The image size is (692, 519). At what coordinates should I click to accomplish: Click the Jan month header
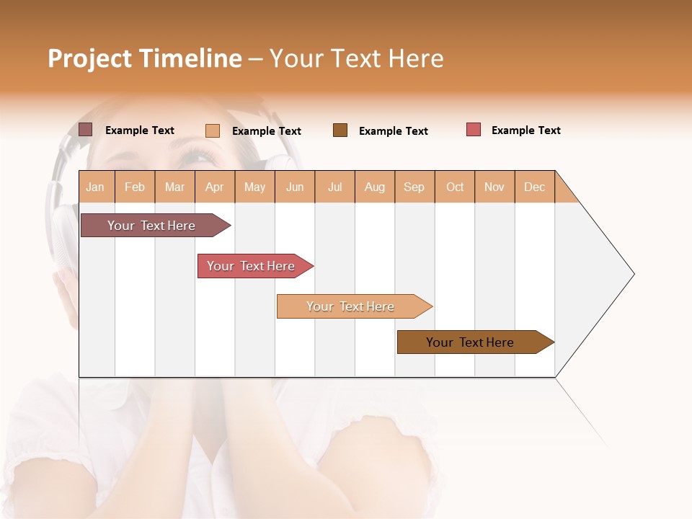click(x=96, y=187)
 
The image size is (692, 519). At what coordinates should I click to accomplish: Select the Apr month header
click(x=215, y=187)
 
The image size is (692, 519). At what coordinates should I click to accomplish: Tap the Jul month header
click(x=334, y=187)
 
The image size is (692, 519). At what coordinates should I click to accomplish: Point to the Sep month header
click(x=414, y=187)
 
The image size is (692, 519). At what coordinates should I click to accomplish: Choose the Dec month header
click(x=534, y=187)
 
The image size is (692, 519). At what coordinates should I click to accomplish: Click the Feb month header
click(x=135, y=187)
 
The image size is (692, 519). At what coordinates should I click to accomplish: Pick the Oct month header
click(x=455, y=187)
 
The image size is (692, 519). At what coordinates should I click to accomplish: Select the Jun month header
click(x=295, y=187)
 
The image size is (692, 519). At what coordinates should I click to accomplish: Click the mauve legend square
click(x=86, y=130)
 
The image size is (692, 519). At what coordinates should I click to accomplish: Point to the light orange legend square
click(x=213, y=130)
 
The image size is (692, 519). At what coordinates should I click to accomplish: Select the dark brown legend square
click(x=340, y=130)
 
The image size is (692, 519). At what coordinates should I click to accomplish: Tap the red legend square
click(x=474, y=130)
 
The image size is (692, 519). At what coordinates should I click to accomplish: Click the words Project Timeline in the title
click(x=144, y=58)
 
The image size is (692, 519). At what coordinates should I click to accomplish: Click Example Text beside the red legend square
click(x=525, y=130)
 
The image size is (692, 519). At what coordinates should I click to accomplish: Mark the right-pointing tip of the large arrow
click(x=632, y=274)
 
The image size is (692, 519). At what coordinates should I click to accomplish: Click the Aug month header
click(x=375, y=187)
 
